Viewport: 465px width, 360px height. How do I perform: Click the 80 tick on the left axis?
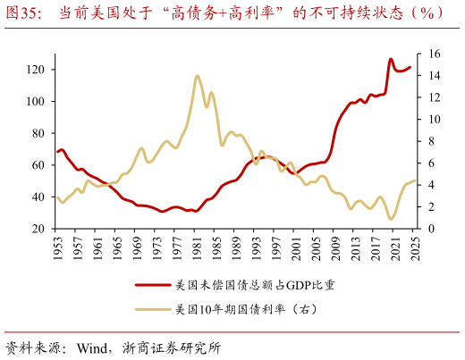click(39, 133)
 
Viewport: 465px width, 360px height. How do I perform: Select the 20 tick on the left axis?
click(39, 229)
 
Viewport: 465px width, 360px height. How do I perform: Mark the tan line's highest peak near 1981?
click(197, 76)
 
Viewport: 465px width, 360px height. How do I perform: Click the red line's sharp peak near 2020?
click(391, 60)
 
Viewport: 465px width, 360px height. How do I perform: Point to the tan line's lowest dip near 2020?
click(391, 219)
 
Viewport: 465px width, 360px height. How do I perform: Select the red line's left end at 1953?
click(57, 152)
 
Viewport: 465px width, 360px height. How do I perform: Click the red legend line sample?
click(152, 285)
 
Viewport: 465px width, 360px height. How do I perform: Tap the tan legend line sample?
click(152, 310)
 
